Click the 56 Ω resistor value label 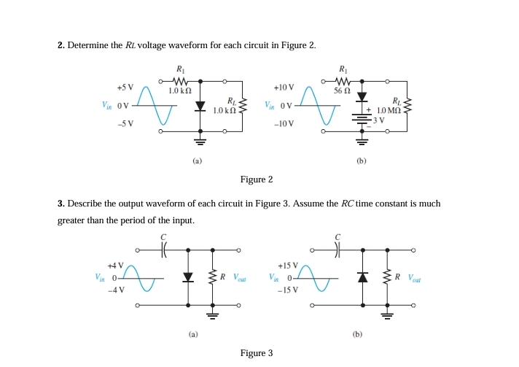pos(343,91)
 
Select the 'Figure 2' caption pos(257,179)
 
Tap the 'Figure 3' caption pos(257,353)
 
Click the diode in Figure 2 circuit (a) pos(199,106)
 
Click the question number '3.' pos(61,204)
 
